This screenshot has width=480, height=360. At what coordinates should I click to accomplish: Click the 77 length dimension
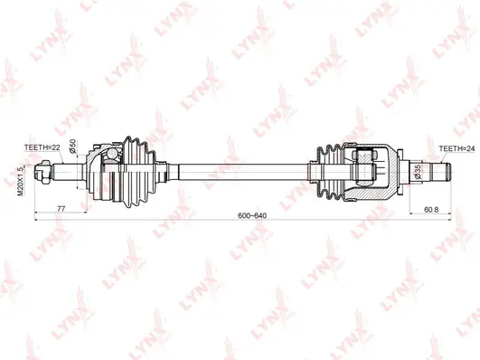tap(61, 209)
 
